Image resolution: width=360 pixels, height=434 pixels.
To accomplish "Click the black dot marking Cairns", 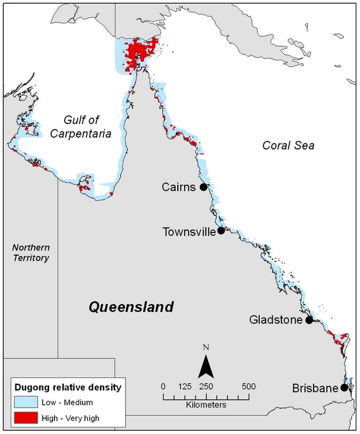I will coord(203,187).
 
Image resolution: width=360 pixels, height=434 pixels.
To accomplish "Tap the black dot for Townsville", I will coord(221,231).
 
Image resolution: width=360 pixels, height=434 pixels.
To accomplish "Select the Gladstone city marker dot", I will coord(309,320).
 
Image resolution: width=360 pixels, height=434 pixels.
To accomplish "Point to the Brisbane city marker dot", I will coord(344,388).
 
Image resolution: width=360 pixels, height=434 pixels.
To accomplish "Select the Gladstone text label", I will coord(276,320).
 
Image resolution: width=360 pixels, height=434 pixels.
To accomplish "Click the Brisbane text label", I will coord(315,388).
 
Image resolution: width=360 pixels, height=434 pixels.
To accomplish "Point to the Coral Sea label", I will coord(288,145).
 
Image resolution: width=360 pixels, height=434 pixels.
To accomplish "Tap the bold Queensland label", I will coord(131,307).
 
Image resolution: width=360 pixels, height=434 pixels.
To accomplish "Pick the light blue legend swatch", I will coord(25,402).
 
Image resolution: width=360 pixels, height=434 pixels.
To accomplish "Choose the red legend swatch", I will coord(25,417).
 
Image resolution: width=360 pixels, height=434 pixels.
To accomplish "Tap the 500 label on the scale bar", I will coord(248,387).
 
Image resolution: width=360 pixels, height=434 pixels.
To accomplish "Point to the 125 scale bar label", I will coord(185,387).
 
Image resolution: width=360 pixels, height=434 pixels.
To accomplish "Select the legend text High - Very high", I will coord(71,417).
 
